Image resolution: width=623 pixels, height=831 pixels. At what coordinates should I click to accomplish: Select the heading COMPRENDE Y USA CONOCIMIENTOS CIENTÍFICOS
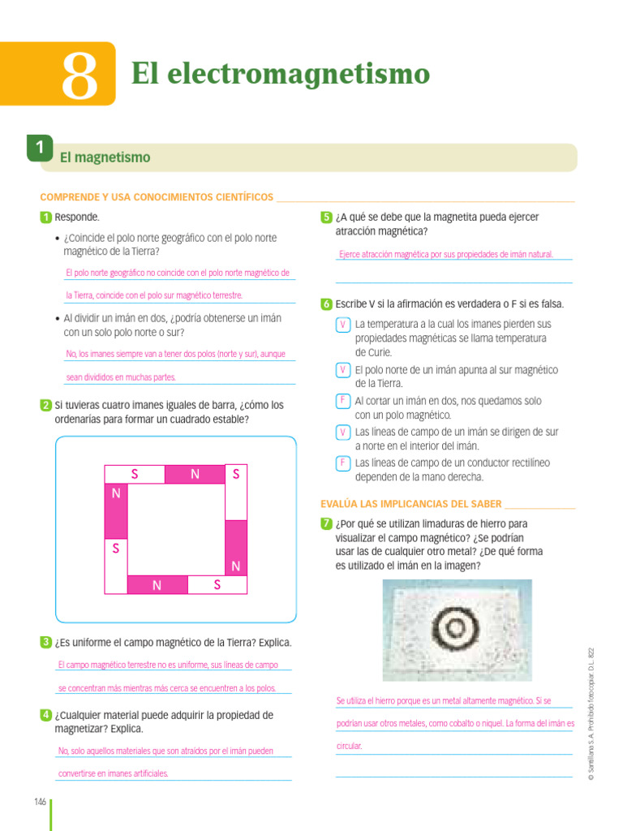pyautogui.click(x=157, y=197)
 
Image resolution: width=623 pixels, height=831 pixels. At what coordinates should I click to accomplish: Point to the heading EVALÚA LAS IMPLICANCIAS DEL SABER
pyautogui.click(x=411, y=503)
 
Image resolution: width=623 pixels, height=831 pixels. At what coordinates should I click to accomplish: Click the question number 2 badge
pyautogui.click(x=46, y=405)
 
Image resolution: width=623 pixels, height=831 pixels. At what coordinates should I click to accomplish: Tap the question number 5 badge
pyautogui.click(x=326, y=217)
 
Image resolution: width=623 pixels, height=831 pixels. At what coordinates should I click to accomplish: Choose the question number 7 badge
pyautogui.click(x=326, y=524)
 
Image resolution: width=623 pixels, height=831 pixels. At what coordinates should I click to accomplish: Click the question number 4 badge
pyautogui.click(x=46, y=715)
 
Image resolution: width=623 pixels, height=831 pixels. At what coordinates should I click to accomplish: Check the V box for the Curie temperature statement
pyautogui.click(x=343, y=325)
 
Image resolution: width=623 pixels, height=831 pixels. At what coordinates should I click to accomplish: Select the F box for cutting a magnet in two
pyautogui.click(x=343, y=401)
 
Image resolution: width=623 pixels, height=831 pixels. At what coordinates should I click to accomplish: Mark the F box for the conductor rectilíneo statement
pyautogui.click(x=343, y=463)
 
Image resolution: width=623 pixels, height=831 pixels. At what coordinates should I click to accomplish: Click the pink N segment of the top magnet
pyautogui.click(x=195, y=475)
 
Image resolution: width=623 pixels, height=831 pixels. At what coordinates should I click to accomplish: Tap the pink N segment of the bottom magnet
pyautogui.click(x=157, y=584)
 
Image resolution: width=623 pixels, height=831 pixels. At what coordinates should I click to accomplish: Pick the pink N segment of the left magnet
pyautogui.click(x=116, y=511)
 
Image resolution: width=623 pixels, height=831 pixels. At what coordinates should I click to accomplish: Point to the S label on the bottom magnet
pyautogui.click(x=217, y=584)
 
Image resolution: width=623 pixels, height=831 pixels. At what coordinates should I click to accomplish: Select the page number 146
pyautogui.click(x=40, y=802)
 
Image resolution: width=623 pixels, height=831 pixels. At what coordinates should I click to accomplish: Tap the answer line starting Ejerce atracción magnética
pyautogui.click(x=445, y=254)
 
